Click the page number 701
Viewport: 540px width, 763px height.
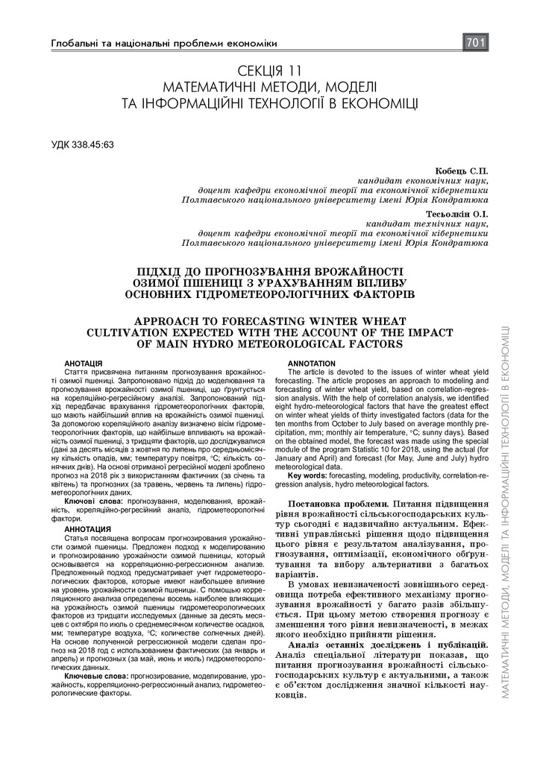476,43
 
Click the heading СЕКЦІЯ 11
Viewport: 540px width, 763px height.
269,72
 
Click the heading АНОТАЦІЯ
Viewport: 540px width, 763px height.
83,362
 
